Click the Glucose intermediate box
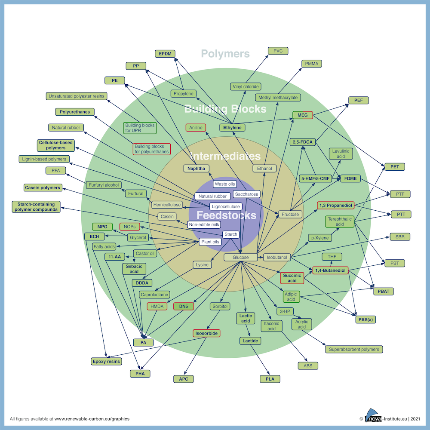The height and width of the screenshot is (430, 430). click(x=240, y=257)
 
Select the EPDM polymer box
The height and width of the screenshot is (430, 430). click(x=165, y=54)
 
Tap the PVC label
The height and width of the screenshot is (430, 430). click(x=278, y=51)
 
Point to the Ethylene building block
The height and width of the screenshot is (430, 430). click(x=232, y=128)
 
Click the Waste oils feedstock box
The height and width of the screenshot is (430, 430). click(x=225, y=184)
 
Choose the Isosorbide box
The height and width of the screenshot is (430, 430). click(x=206, y=333)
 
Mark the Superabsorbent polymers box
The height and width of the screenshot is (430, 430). click(x=354, y=349)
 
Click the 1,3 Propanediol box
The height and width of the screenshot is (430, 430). click(x=336, y=205)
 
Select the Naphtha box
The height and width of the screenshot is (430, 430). click(x=197, y=169)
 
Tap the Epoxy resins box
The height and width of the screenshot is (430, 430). click(x=106, y=362)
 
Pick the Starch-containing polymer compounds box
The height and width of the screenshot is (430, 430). click(x=36, y=207)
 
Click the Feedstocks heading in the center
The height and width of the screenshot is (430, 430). click(x=226, y=215)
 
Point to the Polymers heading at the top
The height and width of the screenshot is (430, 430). click(x=225, y=54)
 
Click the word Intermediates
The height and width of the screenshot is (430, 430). click(x=225, y=156)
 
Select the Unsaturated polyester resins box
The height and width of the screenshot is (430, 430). click(x=77, y=96)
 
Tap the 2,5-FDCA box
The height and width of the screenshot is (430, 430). click(x=303, y=142)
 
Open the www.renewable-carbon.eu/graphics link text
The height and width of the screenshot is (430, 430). click(x=92, y=419)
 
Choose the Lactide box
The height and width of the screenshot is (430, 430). click(x=250, y=341)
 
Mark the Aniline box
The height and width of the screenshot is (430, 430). click(x=196, y=128)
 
